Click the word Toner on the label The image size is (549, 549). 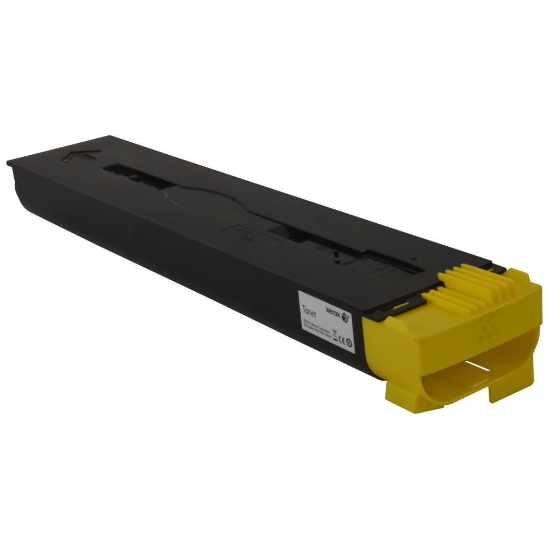[309, 308]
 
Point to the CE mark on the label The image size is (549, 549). [340, 341]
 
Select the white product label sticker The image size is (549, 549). [327, 324]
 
